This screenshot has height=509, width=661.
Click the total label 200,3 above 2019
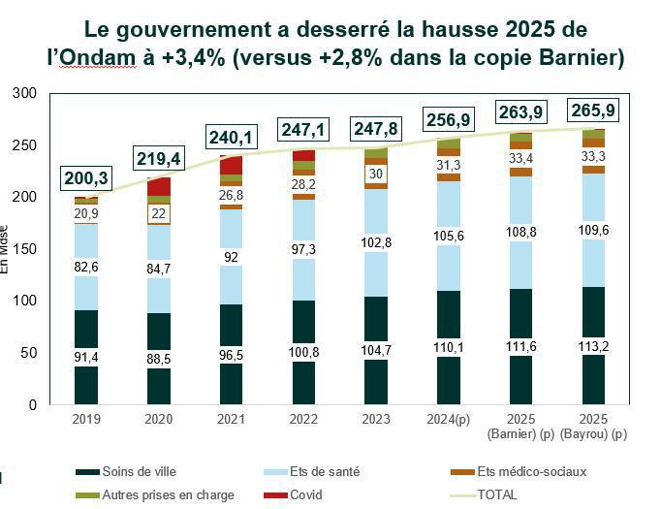click(86, 177)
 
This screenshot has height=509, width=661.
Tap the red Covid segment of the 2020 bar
click(160, 186)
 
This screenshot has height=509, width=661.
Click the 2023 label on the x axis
click(373, 419)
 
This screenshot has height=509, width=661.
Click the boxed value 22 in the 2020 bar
click(160, 213)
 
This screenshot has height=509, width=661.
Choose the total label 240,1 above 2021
click(229, 138)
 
